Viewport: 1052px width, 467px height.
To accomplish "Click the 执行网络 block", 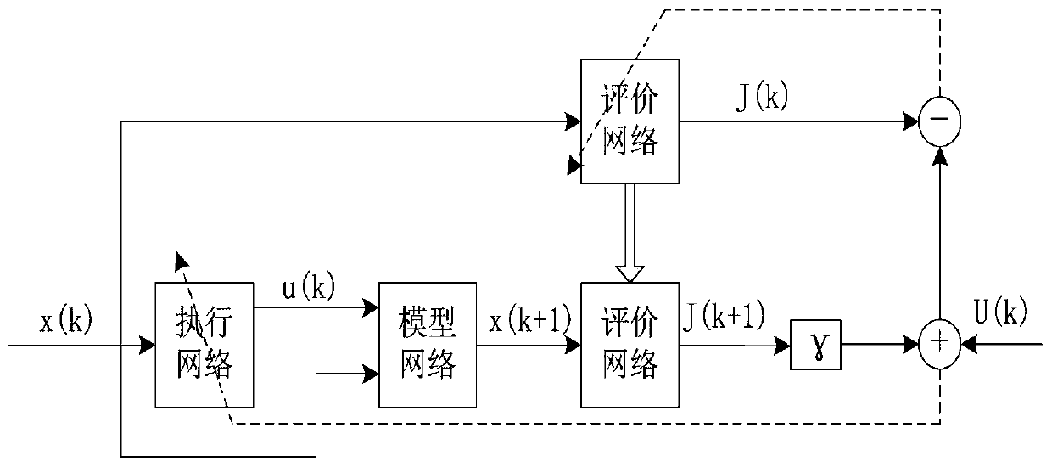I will (204, 345).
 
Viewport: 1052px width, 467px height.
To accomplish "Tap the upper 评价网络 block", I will (629, 121).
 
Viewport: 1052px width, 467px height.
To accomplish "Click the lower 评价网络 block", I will (629, 345).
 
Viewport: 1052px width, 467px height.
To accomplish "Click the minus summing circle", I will (940, 121).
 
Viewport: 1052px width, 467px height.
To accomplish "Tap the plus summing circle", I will (940, 345).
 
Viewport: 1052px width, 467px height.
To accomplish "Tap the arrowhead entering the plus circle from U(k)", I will (966, 345).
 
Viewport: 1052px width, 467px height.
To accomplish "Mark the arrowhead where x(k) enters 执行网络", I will (148, 345).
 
